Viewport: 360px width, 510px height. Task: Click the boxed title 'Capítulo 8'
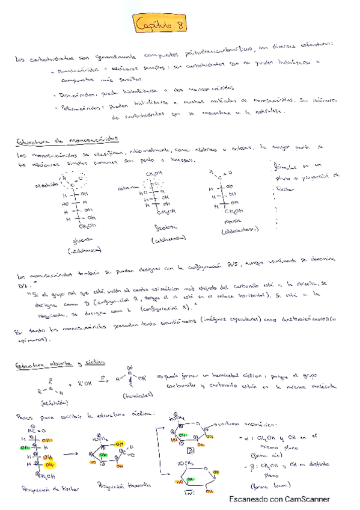pos(161,25)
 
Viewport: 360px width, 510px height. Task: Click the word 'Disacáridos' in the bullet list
pos(74,94)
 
